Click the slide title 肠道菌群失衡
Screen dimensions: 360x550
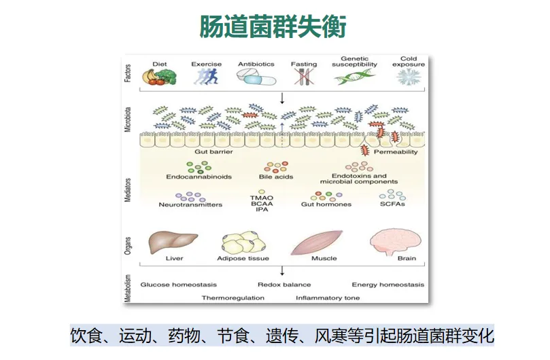tap(273, 26)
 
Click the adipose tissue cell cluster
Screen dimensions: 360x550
tap(245, 242)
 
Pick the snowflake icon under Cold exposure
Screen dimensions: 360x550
tap(409, 77)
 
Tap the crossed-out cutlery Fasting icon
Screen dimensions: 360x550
tap(303, 77)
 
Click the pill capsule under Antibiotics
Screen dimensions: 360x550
tap(256, 77)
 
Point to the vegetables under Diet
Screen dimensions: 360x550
tap(159, 75)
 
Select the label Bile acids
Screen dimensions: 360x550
tap(275, 177)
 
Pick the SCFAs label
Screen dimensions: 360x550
tap(392, 204)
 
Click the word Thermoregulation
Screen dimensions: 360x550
tap(233, 298)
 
